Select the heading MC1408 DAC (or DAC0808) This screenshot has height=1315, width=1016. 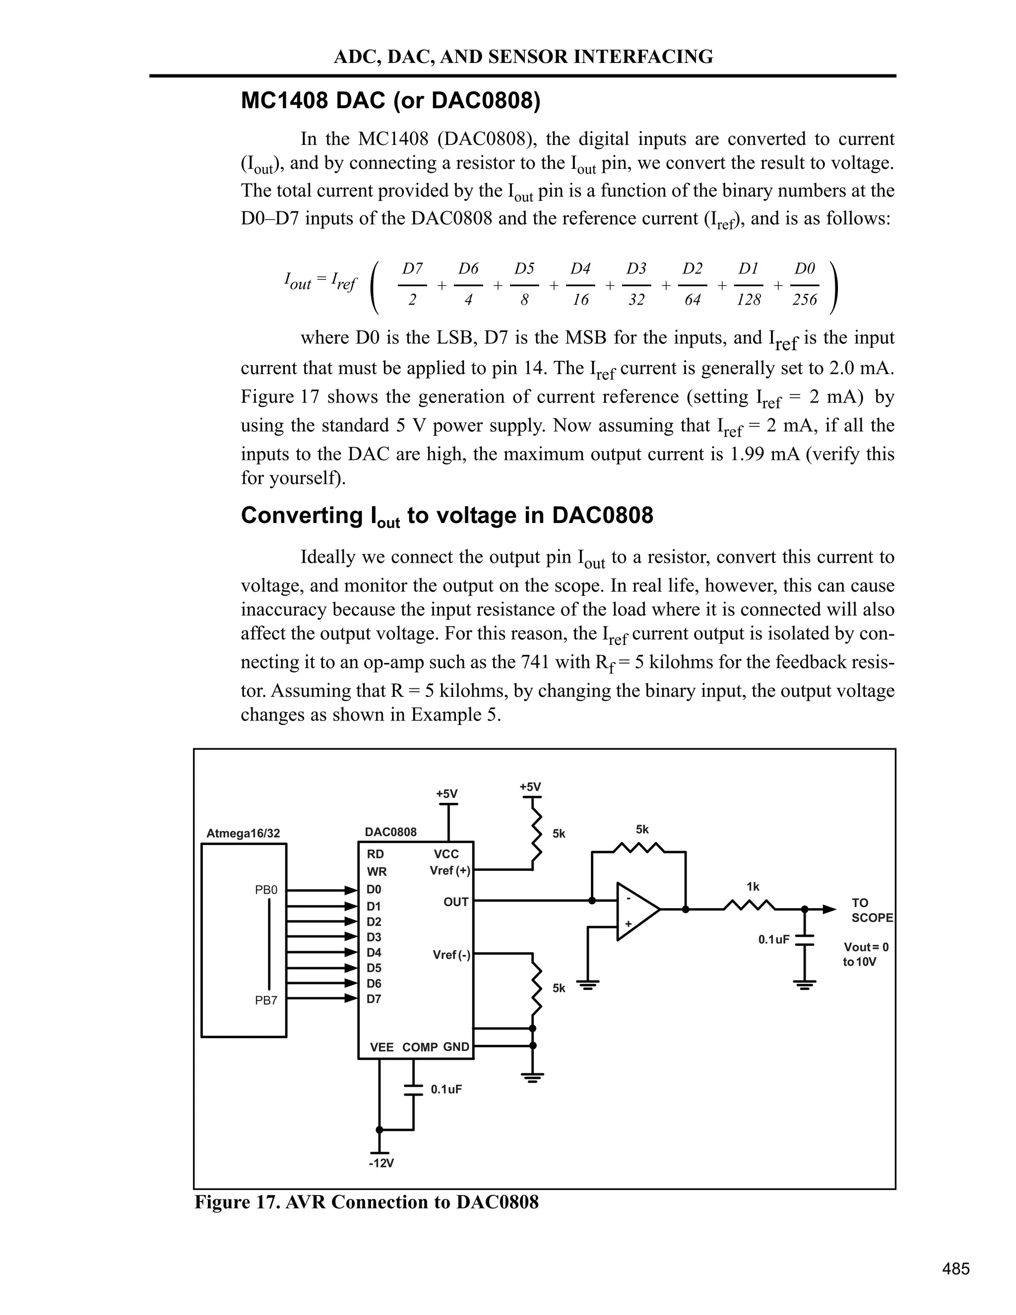(390, 101)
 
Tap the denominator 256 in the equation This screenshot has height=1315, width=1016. (805, 299)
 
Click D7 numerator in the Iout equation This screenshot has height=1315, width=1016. (412, 268)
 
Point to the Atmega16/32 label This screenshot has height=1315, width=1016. (243, 833)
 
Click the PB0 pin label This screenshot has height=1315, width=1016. (266, 889)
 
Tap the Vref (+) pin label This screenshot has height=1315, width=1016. (449, 871)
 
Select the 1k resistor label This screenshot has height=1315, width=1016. (753, 887)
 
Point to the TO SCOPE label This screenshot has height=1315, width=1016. (872, 910)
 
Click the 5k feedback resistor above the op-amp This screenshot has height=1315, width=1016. (638, 848)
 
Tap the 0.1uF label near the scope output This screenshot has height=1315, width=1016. (773, 939)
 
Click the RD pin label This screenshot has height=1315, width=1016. (375, 855)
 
